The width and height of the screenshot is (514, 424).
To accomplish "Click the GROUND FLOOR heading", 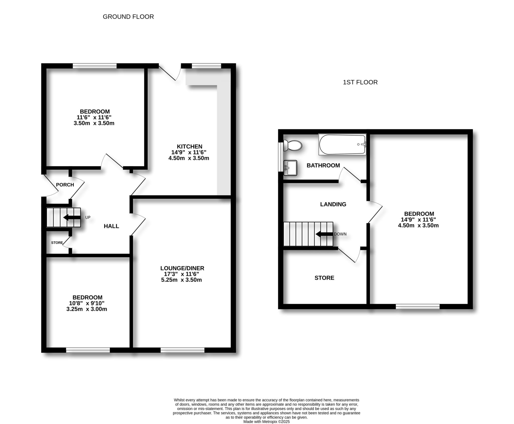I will click(128, 17).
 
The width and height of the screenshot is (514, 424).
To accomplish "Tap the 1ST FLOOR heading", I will click(360, 82).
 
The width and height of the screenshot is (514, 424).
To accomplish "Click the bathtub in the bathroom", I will click(342, 144).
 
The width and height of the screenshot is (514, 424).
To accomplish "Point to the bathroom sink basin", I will click(290, 168).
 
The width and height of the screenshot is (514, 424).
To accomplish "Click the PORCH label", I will click(65, 185).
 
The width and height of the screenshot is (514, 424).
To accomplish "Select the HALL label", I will click(111, 226).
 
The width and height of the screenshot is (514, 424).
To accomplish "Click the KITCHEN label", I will click(189, 146).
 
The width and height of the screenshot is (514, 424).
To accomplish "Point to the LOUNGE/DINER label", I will click(182, 268).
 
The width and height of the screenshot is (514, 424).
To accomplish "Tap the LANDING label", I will click(333, 204).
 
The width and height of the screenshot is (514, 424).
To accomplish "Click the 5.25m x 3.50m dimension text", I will click(181, 280).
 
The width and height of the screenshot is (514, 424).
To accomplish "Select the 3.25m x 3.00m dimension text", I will click(87, 309).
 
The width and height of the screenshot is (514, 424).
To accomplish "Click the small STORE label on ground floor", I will click(57, 243).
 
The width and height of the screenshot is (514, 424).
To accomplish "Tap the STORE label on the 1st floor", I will click(324, 278).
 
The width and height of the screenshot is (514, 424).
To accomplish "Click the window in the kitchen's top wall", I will click(206, 66).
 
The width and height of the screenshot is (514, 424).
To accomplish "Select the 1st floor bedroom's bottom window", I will click(418, 306).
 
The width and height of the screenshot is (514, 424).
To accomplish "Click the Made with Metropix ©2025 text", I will click(266, 422).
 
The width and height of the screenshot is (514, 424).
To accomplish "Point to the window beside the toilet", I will click(280, 157).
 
